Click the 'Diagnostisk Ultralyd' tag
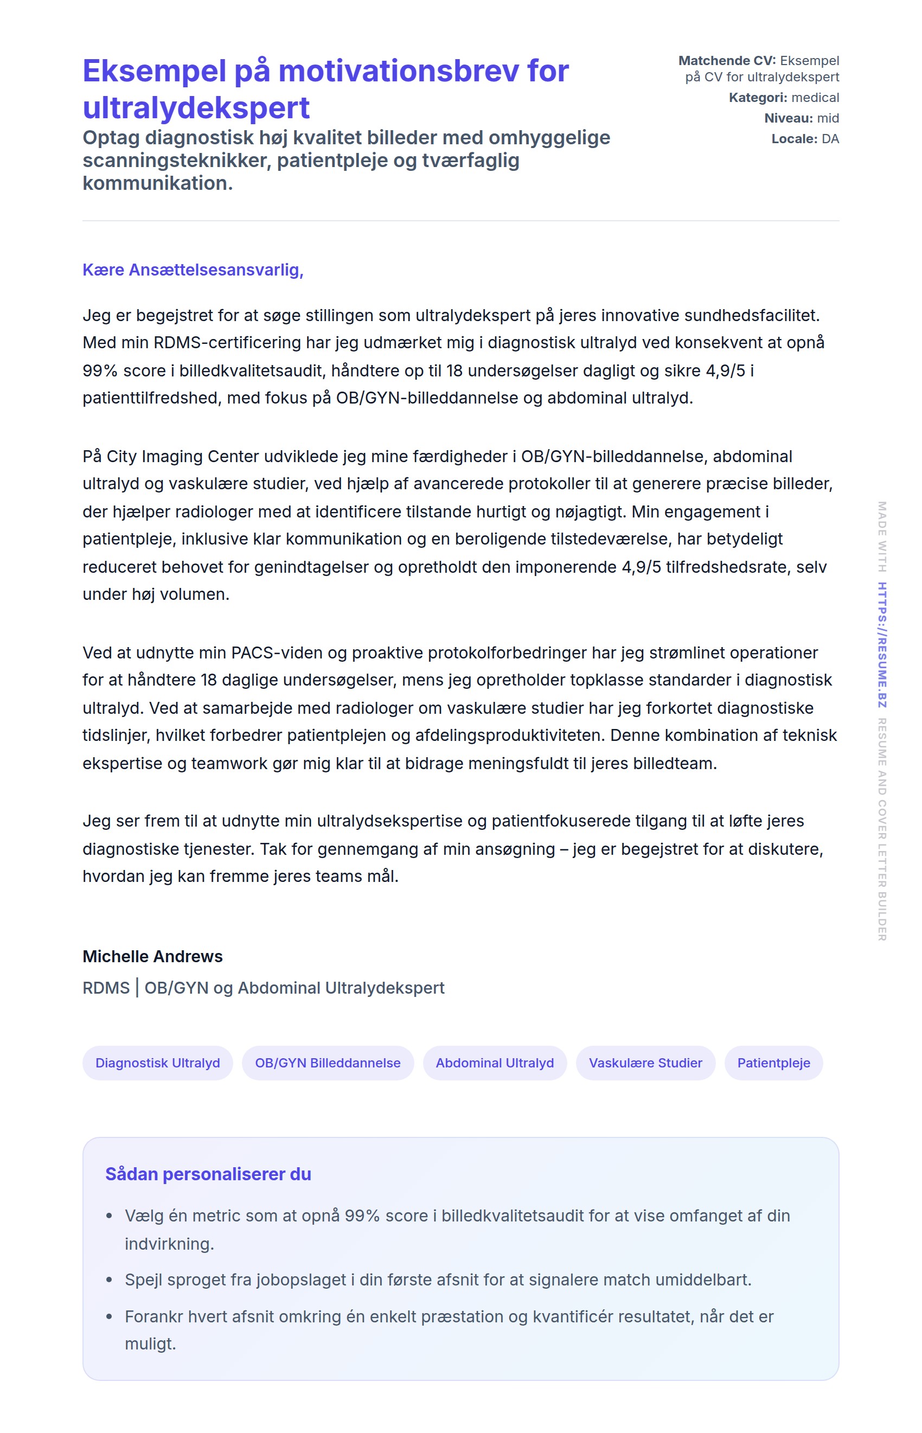point(157,1063)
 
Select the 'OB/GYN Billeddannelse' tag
point(328,1063)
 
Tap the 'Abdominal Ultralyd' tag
point(495,1063)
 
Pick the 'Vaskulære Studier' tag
point(645,1063)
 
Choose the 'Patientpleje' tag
point(773,1063)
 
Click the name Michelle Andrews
point(152,956)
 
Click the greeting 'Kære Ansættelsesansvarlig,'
point(193,270)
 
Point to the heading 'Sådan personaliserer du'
point(208,1174)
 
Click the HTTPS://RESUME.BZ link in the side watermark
point(882,645)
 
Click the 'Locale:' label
point(794,139)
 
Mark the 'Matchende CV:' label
point(727,60)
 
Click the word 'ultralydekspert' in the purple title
point(196,108)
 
